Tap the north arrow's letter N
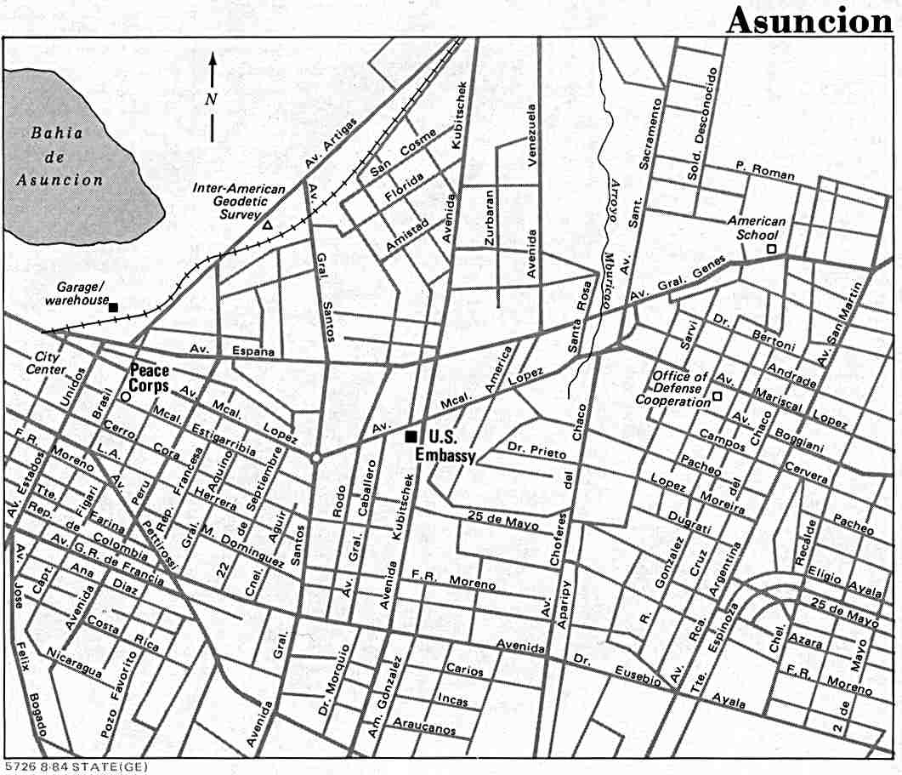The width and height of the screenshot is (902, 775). click(x=212, y=98)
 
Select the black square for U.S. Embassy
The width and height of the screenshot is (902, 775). click(x=411, y=436)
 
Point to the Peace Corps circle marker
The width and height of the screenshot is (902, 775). click(x=126, y=396)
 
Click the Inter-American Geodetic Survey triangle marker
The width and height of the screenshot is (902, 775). click(x=268, y=225)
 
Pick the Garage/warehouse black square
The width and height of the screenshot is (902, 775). click(x=113, y=307)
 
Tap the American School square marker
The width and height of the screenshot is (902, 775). click(x=771, y=248)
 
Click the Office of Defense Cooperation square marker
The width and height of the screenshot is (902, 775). click(x=717, y=396)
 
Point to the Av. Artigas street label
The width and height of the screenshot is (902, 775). click(x=332, y=142)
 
